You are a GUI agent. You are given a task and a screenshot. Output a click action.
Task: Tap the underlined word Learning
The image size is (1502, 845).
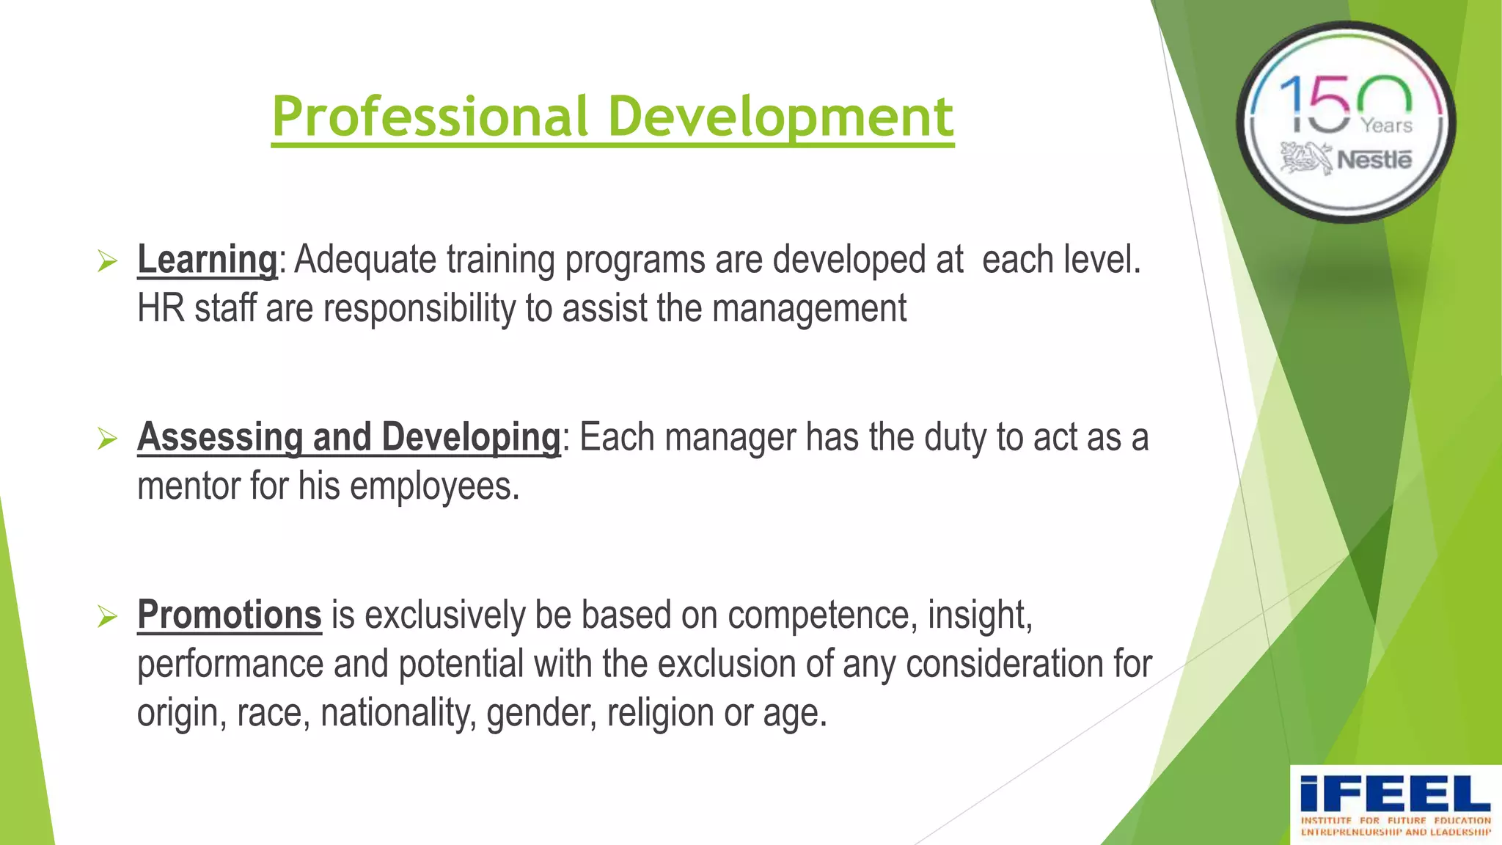click(207, 260)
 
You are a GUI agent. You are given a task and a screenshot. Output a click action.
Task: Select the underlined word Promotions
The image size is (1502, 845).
click(229, 615)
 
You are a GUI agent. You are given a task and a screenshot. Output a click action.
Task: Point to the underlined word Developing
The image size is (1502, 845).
click(471, 437)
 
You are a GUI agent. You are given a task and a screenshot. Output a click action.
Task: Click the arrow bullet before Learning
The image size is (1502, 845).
click(107, 261)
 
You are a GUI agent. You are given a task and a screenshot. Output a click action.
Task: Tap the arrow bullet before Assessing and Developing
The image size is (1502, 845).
click(107, 439)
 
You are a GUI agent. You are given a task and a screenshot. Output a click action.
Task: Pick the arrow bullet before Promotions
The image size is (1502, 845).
click(107, 617)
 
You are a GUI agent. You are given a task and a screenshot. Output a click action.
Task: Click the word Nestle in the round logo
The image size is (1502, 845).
click(1374, 160)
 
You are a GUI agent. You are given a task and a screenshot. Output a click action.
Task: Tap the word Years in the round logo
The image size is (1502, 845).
click(1386, 126)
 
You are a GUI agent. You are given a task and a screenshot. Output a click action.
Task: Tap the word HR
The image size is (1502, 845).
click(161, 308)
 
